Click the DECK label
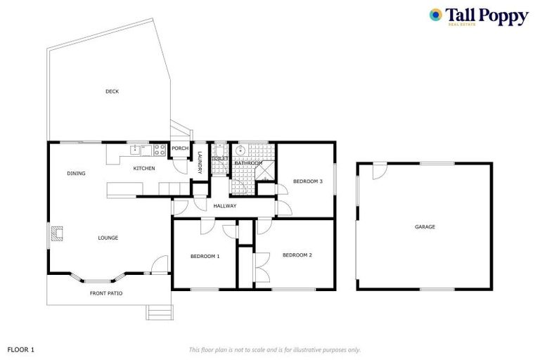(x=112, y=91)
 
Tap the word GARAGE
(x=425, y=226)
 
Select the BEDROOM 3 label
(x=307, y=181)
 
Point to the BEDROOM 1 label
(x=205, y=257)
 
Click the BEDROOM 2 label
(x=297, y=255)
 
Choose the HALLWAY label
(x=225, y=206)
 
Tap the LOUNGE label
(x=108, y=238)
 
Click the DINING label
(x=76, y=173)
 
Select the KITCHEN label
(x=144, y=168)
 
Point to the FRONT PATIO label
(x=106, y=293)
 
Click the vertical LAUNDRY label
(x=200, y=162)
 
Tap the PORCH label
(x=180, y=148)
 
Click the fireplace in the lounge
(x=57, y=233)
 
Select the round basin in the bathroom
(x=240, y=150)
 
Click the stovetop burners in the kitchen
(x=160, y=150)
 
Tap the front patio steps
(x=160, y=312)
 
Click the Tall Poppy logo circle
(x=436, y=15)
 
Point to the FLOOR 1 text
(x=20, y=349)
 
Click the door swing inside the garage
(x=380, y=172)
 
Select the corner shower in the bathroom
(x=265, y=171)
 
